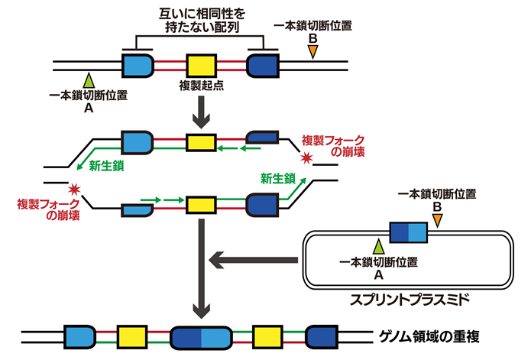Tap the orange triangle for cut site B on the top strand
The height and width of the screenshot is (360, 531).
[x=312, y=51]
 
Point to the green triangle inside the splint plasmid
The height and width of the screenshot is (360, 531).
[x=377, y=246]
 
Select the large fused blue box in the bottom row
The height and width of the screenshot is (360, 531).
[x=202, y=336]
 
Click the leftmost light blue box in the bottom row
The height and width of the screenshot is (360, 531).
[x=79, y=336]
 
